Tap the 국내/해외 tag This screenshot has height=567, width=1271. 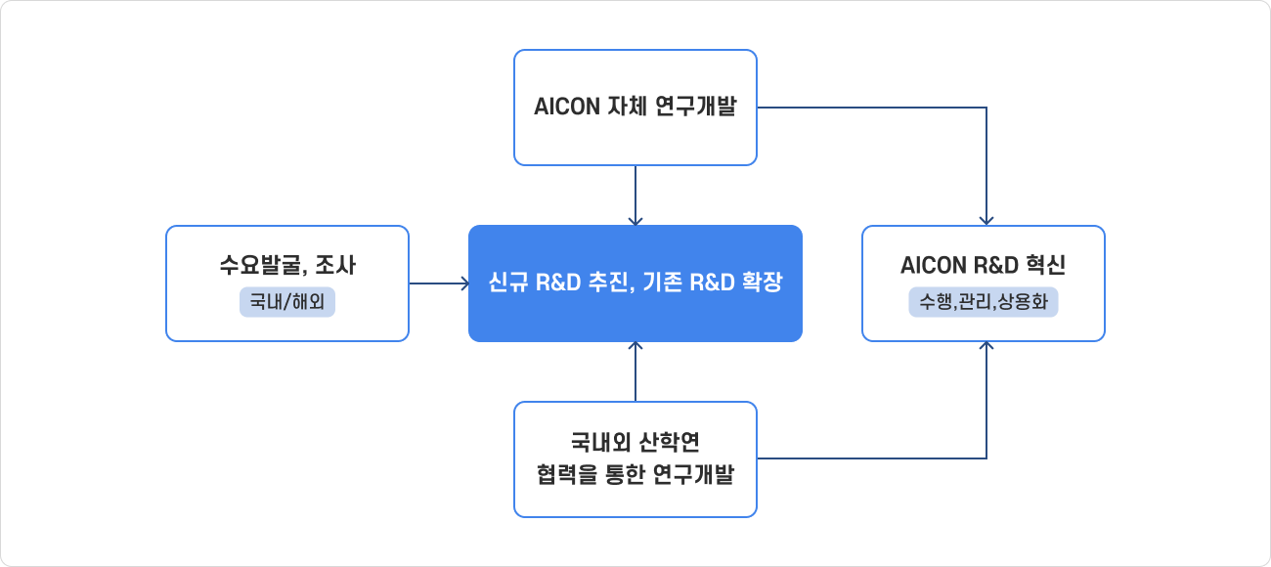click(287, 303)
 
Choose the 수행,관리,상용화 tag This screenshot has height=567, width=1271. click(984, 303)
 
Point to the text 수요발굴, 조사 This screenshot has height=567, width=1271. click(287, 265)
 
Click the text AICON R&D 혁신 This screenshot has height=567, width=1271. click(984, 265)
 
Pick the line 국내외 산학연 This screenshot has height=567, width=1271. click(635, 441)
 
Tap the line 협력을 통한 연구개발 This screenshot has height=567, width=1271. click(635, 476)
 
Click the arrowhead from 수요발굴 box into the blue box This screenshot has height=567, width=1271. click(464, 284)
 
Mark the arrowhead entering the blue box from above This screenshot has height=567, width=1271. click(635, 221)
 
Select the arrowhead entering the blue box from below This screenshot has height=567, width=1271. click(635, 346)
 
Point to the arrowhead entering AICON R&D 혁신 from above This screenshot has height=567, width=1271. click(986, 221)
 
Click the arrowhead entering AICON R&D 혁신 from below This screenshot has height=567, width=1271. click(986, 346)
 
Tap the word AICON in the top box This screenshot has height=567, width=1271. click(566, 108)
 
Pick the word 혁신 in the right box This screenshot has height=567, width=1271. click(1045, 265)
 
